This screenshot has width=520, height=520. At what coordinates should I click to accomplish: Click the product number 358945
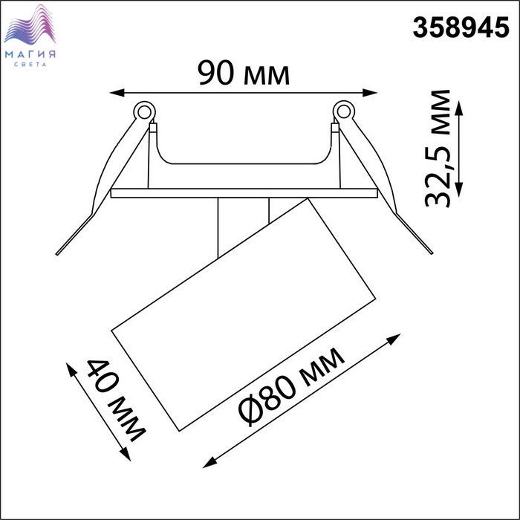click(461, 28)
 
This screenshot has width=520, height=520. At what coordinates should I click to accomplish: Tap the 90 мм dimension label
click(244, 73)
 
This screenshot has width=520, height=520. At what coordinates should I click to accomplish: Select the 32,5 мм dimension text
click(438, 149)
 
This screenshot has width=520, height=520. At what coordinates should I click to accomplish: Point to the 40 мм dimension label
click(116, 400)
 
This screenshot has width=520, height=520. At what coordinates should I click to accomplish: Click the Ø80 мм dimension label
click(292, 386)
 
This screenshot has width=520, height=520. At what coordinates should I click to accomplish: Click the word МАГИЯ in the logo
click(30, 54)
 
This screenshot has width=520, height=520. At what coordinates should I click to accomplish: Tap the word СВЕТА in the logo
click(30, 65)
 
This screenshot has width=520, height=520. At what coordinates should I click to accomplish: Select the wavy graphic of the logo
click(30, 25)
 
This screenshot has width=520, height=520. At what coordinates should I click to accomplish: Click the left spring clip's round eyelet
click(144, 112)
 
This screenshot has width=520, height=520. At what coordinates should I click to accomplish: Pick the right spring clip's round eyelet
click(343, 111)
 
